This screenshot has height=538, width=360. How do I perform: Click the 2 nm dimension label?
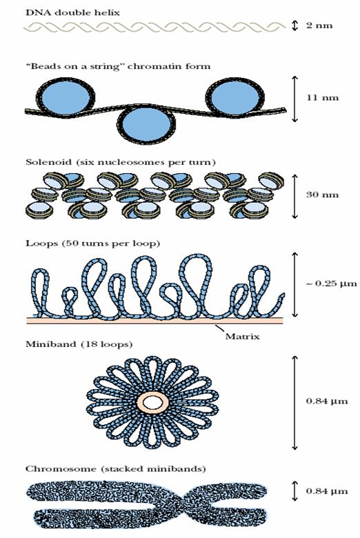tap(319, 26)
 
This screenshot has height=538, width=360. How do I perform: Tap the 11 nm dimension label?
tap(322, 97)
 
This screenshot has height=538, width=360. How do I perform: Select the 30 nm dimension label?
tap(322, 195)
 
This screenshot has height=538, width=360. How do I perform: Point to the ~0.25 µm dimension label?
tap(331, 283)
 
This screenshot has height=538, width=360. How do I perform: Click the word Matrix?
tap(242, 337)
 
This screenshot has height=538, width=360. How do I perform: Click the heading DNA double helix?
tap(72, 12)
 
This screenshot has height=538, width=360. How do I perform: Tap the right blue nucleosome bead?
tap(235, 97)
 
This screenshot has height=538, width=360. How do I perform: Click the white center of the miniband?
tap(152, 403)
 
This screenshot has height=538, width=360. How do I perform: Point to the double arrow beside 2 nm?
tap(294, 26)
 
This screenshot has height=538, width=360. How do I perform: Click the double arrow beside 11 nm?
tap(294, 99)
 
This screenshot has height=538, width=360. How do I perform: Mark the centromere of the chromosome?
tap(186, 501)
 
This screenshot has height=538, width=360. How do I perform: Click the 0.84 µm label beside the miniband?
tap(327, 401)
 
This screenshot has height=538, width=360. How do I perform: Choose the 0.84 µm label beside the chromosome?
tap(327, 491)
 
